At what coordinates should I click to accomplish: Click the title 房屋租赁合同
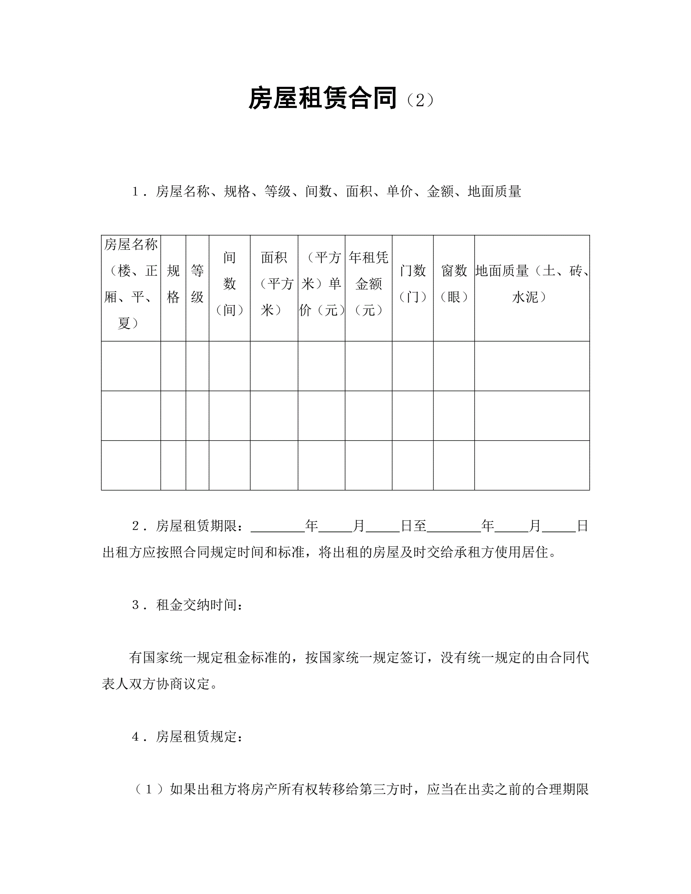coord(322,99)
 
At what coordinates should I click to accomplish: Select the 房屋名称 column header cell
coord(131,284)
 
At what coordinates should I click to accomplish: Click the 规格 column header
coord(173,284)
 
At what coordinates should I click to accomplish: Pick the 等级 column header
coord(197,284)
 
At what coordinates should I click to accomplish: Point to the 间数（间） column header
coord(229,284)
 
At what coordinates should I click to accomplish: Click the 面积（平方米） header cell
coord(274,284)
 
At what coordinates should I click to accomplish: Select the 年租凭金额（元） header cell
coord(368,284)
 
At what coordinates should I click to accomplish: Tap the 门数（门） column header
coord(412,284)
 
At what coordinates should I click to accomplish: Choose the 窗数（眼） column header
coord(454,284)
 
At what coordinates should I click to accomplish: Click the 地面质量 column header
coord(532,284)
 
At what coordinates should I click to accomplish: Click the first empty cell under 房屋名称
coord(131,366)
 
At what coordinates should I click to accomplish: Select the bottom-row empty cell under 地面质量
coord(532,465)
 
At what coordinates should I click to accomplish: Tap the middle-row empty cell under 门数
coord(412,415)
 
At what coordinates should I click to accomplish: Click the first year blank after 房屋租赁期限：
coord(277,527)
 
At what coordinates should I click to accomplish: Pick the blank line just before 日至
coord(382,527)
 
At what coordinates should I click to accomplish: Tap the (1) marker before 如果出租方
coord(149,790)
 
